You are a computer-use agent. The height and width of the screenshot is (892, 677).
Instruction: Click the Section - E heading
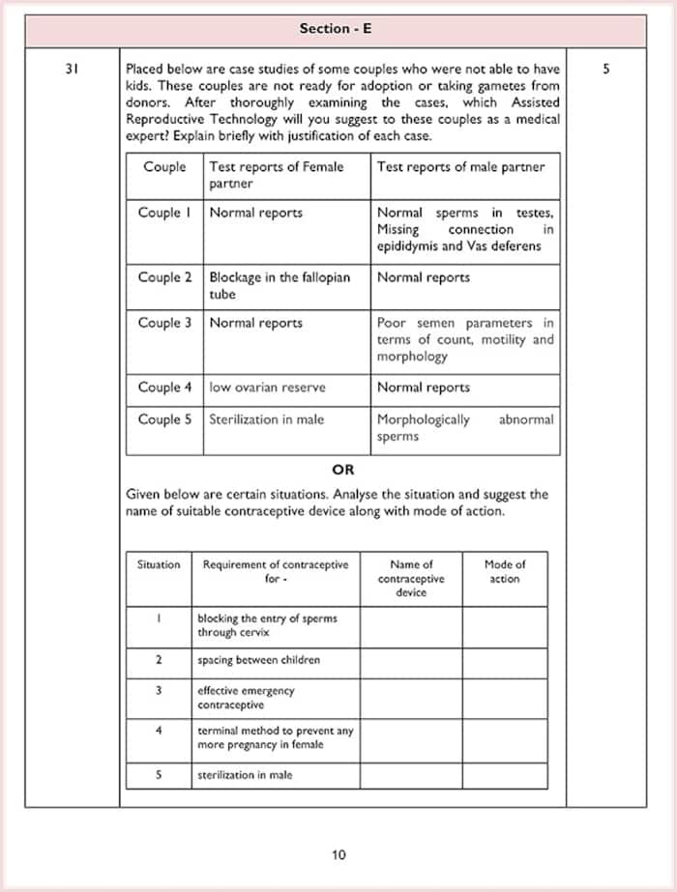pyautogui.click(x=336, y=29)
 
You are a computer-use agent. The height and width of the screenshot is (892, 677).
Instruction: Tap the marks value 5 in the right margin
pyautogui.click(x=605, y=70)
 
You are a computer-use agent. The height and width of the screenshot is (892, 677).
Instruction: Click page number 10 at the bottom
pyautogui.click(x=338, y=854)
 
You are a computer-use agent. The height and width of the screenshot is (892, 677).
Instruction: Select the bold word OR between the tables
pyautogui.click(x=342, y=470)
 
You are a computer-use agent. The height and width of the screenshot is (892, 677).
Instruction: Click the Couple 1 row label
pyautogui.click(x=164, y=213)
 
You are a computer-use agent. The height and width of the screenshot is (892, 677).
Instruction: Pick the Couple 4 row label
pyautogui.click(x=164, y=388)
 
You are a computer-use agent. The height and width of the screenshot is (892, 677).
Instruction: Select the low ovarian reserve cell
pyautogui.click(x=268, y=388)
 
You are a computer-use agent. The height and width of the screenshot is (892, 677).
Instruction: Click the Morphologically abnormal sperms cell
pyautogui.click(x=464, y=428)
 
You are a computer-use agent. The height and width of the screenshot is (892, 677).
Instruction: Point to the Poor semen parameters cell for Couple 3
pyautogui.click(x=464, y=339)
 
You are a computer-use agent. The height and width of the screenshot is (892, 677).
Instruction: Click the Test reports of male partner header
pyautogui.click(x=460, y=167)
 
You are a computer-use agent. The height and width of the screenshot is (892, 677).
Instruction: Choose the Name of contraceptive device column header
pyautogui.click(x=411, y=578)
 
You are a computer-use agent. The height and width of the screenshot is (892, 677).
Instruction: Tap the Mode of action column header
pyautogui.click(x=504, y=571)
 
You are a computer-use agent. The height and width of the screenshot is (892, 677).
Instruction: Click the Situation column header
pyautogui.click(x=159, y=564)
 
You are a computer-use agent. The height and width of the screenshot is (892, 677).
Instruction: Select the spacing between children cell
pyautogui.click(x=258, y=660)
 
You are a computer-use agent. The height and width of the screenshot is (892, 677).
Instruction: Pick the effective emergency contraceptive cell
pyautogui.click(x=247, y=698)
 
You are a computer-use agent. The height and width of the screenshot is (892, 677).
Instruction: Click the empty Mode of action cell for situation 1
pyautogui.click(x=504, y=625)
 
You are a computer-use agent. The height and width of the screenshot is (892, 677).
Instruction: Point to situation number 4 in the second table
pyautogui.click(x=159, y=731)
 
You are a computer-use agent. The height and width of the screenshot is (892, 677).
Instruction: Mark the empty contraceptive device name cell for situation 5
pyautogui.click(x=411, y=775)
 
